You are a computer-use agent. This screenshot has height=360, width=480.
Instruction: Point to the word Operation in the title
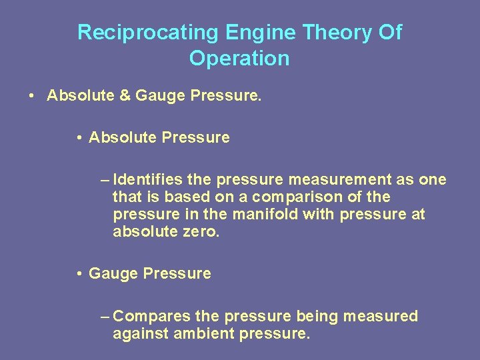(x=239, y=59)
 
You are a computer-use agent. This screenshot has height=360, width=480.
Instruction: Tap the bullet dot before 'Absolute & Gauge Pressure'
(x=32, y=96)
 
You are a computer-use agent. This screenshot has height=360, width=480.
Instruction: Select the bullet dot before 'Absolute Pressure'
(x=79, y=138)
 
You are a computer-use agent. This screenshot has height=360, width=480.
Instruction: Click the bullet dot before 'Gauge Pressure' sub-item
(x=79, y=274)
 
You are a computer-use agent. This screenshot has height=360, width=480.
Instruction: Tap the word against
(x=140, y=333)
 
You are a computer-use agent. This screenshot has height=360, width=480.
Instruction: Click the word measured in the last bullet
(x=381, y=316)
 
